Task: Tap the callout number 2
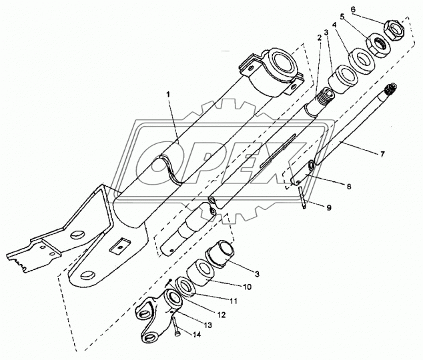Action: [320, 38]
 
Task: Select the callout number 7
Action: [383, 155]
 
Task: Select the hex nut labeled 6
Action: [394, 29]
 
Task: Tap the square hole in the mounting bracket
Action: [119, 247]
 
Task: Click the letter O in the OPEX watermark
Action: [164, 160]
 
